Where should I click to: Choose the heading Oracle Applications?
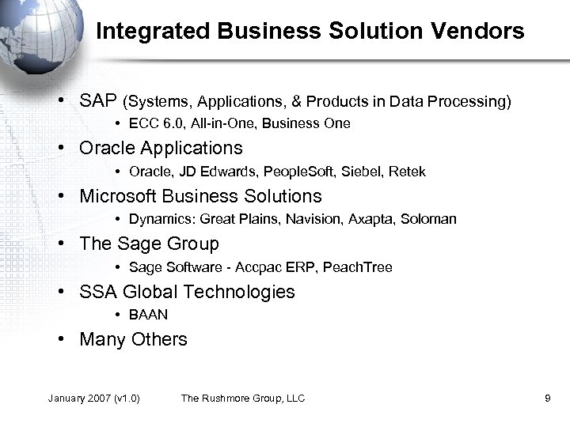(161, 148)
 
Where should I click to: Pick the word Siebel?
(359, 172)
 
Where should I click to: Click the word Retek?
(408, 172)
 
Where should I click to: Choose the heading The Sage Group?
(149, 244)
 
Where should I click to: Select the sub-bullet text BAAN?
(148, 315)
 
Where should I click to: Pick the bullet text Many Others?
(133, 339)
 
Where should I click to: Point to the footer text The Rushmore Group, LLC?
(243, 398)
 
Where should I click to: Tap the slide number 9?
(548, 398)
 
